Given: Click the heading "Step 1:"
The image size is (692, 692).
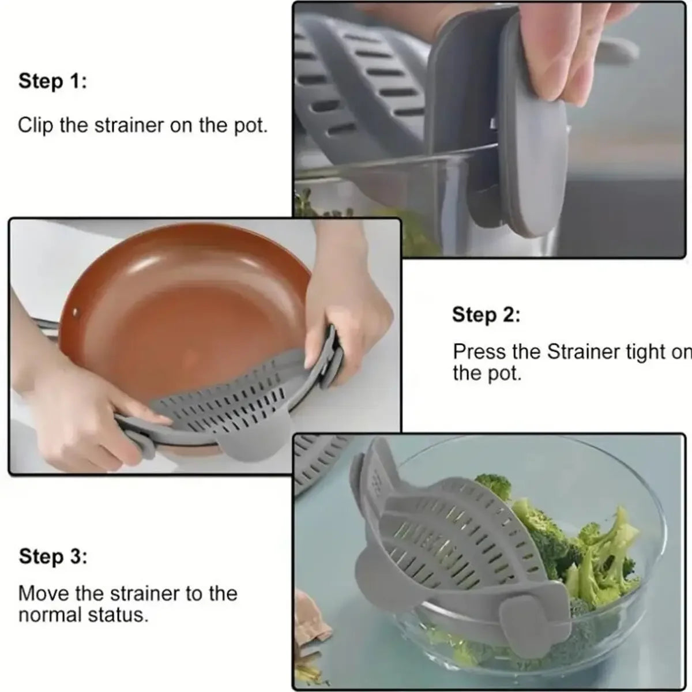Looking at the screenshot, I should (52, 81).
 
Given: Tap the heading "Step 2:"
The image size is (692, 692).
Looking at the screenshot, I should (486, 315).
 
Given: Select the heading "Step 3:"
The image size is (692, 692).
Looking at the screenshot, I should (52, 557).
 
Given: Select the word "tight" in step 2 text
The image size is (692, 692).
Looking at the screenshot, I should (646, 352).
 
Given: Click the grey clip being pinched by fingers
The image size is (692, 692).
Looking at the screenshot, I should (528, 156).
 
